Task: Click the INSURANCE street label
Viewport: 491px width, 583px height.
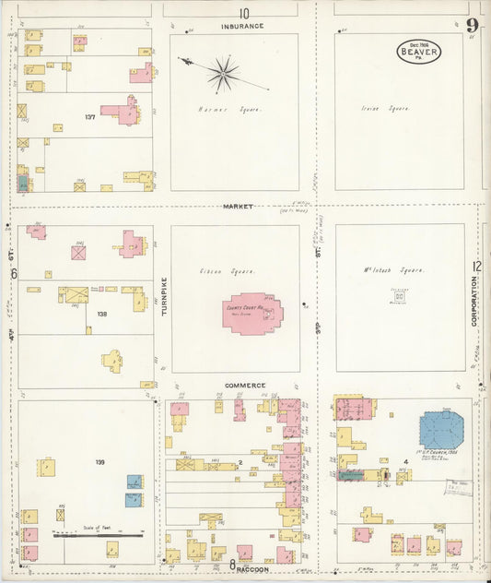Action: point(243,27)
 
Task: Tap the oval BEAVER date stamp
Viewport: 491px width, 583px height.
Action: point(419,52)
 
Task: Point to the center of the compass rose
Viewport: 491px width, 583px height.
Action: point(222,74)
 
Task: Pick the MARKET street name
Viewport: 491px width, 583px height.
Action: point(237,206)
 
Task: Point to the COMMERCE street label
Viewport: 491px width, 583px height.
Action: point(244,385)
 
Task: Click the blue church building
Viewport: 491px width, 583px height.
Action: point(441,431)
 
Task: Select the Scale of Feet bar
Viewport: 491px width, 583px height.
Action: point(97,535)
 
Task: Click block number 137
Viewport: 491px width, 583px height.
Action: point(89,117)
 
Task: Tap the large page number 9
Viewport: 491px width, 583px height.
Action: point(472,25)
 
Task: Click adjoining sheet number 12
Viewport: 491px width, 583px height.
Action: point(477,267)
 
